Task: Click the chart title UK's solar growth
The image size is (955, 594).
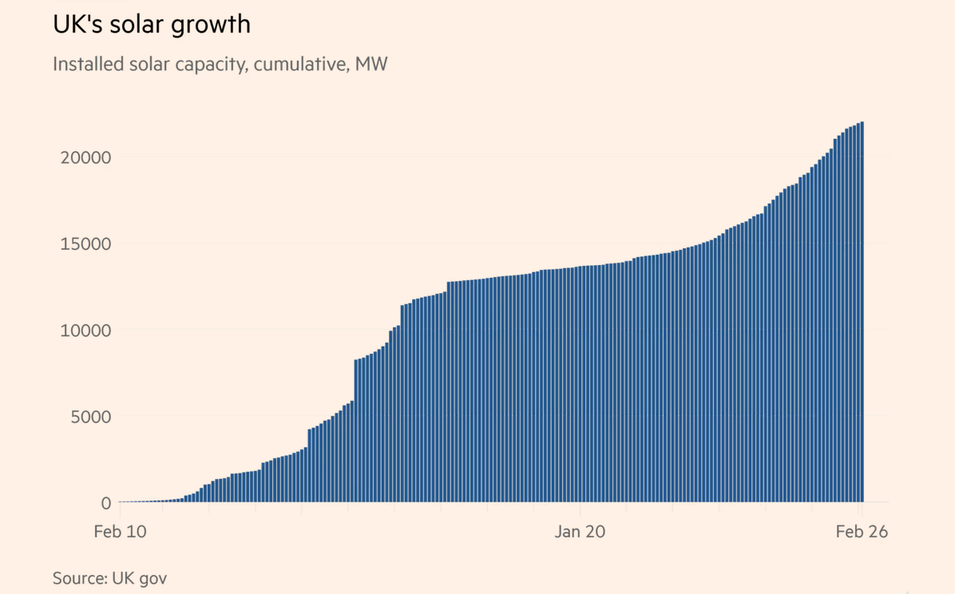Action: (x=152, y=25)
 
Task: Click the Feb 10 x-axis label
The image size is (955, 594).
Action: (x=120, y=532)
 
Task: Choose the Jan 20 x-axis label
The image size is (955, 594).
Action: (x=580, y=532)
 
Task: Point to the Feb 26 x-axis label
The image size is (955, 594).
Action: (x=862, y=532)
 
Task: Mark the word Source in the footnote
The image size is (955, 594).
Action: (x=77, y=577)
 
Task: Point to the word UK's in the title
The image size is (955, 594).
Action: (x=75, y=25)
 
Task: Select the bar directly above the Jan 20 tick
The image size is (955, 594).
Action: (x=581, y=383)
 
